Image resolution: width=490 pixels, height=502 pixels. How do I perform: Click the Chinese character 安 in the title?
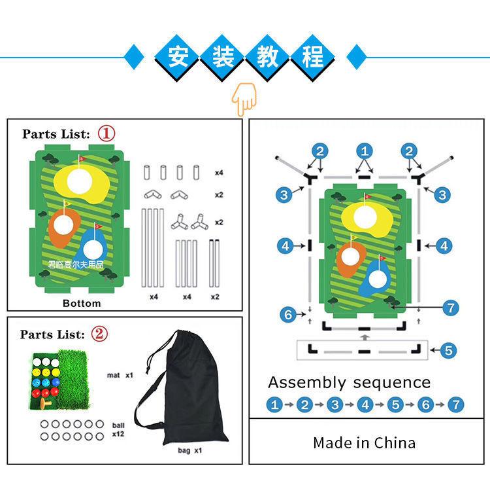(178, 57)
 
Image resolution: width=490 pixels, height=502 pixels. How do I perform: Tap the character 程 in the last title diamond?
(312, 57)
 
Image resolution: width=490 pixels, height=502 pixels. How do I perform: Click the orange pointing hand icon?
(244, 99)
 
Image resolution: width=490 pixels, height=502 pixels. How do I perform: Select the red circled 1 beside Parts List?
(106, 134)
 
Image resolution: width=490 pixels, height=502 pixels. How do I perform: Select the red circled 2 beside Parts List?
(99, 334)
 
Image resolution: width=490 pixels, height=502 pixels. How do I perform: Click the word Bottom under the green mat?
(82, 303)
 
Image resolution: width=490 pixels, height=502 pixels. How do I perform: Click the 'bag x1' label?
(190, 450)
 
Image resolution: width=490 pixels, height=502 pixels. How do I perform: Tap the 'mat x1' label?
(120, 375)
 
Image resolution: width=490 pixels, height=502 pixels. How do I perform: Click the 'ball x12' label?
(118, 429)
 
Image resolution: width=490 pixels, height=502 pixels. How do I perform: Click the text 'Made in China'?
(365, 443)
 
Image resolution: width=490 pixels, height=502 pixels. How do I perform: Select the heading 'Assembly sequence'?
(350, 383)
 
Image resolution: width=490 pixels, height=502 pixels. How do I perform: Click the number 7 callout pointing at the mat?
(451, 308)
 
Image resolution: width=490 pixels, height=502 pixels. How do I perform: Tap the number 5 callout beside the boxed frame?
(448, 350)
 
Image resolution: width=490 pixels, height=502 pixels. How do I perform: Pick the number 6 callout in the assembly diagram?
(288, 314)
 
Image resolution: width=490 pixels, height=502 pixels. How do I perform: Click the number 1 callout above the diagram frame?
(365, 151)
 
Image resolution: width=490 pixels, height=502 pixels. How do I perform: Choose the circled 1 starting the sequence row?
(274, 404)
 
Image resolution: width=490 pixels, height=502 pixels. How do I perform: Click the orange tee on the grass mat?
(46, 403)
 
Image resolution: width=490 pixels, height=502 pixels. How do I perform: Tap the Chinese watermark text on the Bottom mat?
(76, 265)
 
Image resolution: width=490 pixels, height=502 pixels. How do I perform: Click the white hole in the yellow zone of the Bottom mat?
(79, 181)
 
